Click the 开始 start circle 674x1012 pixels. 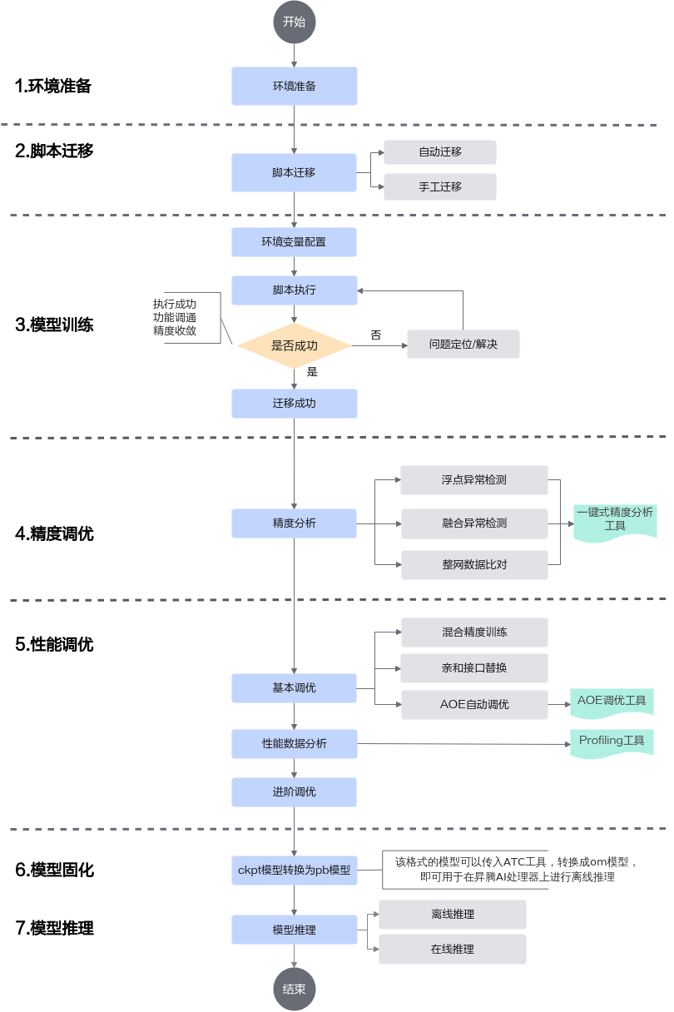pos(294,22)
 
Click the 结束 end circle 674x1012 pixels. pos(294,989)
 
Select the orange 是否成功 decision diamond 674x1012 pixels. pos(294,345)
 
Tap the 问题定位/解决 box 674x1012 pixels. pos(463,345)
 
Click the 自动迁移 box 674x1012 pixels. pos(440,151)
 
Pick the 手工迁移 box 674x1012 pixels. pos(440,186)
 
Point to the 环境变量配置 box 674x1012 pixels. pos(294,242)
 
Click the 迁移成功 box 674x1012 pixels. pos(294,403)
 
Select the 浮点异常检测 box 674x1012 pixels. pos(474,480)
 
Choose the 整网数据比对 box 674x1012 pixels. pos(474,565)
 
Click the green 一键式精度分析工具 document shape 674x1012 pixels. pos(615,522)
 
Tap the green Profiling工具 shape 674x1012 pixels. pos(612,743)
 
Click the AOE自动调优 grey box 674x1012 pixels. pos(474,704)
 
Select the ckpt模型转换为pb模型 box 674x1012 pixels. pos(294,871)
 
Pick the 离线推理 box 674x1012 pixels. pos(452,915)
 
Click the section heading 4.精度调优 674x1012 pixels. pos(54,533)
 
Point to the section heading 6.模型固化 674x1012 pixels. pos(54,870)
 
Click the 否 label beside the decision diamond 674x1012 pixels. pos(376,335)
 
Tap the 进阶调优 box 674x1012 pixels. pos(294,792)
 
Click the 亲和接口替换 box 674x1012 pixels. pos(474,667)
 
